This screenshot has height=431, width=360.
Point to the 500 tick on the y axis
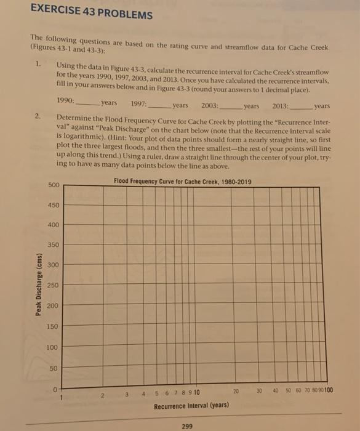click(54, 185)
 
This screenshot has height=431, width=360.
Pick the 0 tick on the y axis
click(56, 387)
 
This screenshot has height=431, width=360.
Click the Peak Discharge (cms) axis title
click(39, 284)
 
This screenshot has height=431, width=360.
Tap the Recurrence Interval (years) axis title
click(191, 406)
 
